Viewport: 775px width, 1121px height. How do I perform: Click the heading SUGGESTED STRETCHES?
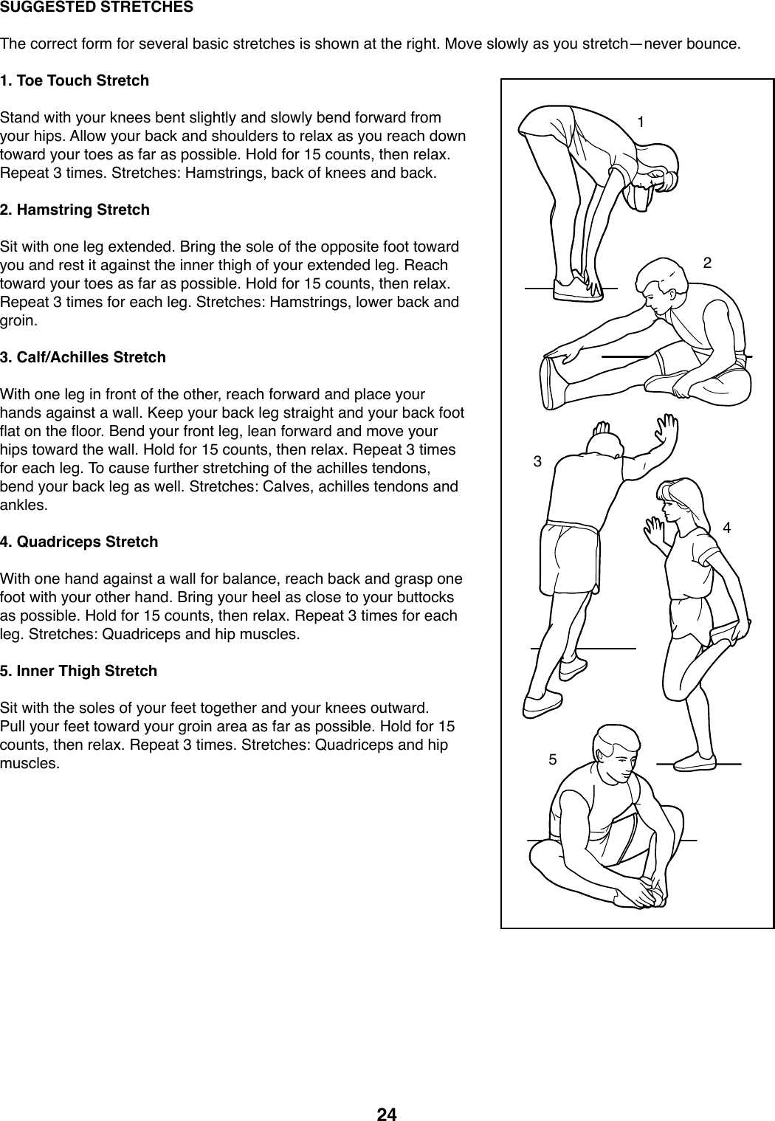(x=97, y=8)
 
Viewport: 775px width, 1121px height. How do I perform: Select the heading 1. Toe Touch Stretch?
(x=75, y=80)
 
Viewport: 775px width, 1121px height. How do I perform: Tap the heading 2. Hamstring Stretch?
(x=75, y=210)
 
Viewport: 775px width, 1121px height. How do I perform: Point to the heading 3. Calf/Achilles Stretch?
(x=83, y=357)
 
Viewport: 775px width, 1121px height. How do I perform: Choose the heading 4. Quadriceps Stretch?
(x=79, y=542)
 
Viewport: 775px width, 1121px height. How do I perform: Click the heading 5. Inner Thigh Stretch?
(x=79, y=671)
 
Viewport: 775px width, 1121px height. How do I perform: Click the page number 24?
(x=387, y=1114)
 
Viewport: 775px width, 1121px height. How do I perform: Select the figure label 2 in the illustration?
(x=707, y=263)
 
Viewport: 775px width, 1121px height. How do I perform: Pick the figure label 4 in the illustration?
(x=727, y=528)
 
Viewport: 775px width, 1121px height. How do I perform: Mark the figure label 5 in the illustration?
(x=552, y=759)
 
